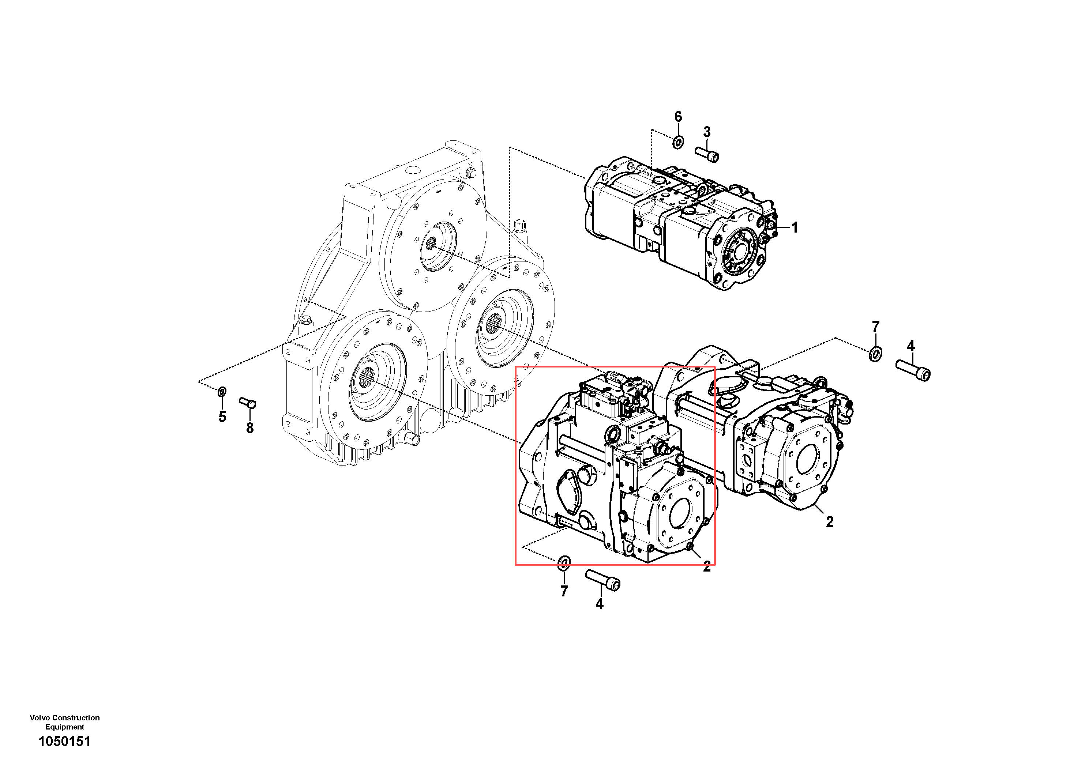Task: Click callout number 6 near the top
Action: [x=678, y=117]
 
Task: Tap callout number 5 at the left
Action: [x=222, y=417]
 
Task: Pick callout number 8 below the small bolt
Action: [x=250, y=428]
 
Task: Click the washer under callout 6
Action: [x=678, y=142]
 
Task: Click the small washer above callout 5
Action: [x=222, y=392]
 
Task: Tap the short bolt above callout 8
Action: [x=248, y=403]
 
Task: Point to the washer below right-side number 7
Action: [x=876, y=354]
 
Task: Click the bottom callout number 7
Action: [x=564, y=591]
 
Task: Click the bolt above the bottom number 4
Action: [x=603, y=580]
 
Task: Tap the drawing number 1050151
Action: [x=64, y=741]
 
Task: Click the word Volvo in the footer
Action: [x=40, y=718]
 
